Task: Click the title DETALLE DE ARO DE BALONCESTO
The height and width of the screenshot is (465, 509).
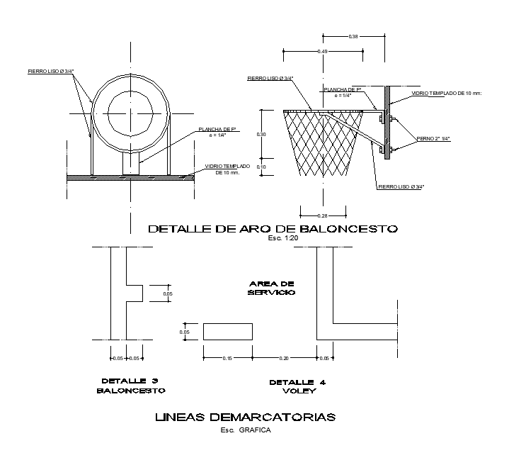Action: (273, 229)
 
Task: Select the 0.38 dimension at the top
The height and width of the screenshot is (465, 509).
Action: (353, 36)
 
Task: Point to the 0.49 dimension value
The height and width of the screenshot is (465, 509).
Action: (323, 52)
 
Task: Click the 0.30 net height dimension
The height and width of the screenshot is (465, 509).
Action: (261, 134)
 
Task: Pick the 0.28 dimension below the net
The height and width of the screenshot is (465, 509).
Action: (323, 215)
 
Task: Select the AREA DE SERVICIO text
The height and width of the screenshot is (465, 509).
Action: (271, 288)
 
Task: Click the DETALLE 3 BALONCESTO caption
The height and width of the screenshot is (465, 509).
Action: (133, 385)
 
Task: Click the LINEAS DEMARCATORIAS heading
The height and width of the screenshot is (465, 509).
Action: (245, 417)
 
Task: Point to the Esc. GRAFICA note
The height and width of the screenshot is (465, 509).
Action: (245, 430)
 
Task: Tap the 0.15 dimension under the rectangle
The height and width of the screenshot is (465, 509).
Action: (227, 359)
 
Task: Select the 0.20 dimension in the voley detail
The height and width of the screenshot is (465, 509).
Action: (284, 359)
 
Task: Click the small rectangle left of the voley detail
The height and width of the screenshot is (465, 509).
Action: (227, 332)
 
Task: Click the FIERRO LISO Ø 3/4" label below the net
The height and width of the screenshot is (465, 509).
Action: (401, 186)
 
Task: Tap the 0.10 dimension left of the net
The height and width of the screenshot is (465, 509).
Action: (261, 167)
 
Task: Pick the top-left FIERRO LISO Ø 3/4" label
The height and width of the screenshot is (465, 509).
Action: (50, 71)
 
